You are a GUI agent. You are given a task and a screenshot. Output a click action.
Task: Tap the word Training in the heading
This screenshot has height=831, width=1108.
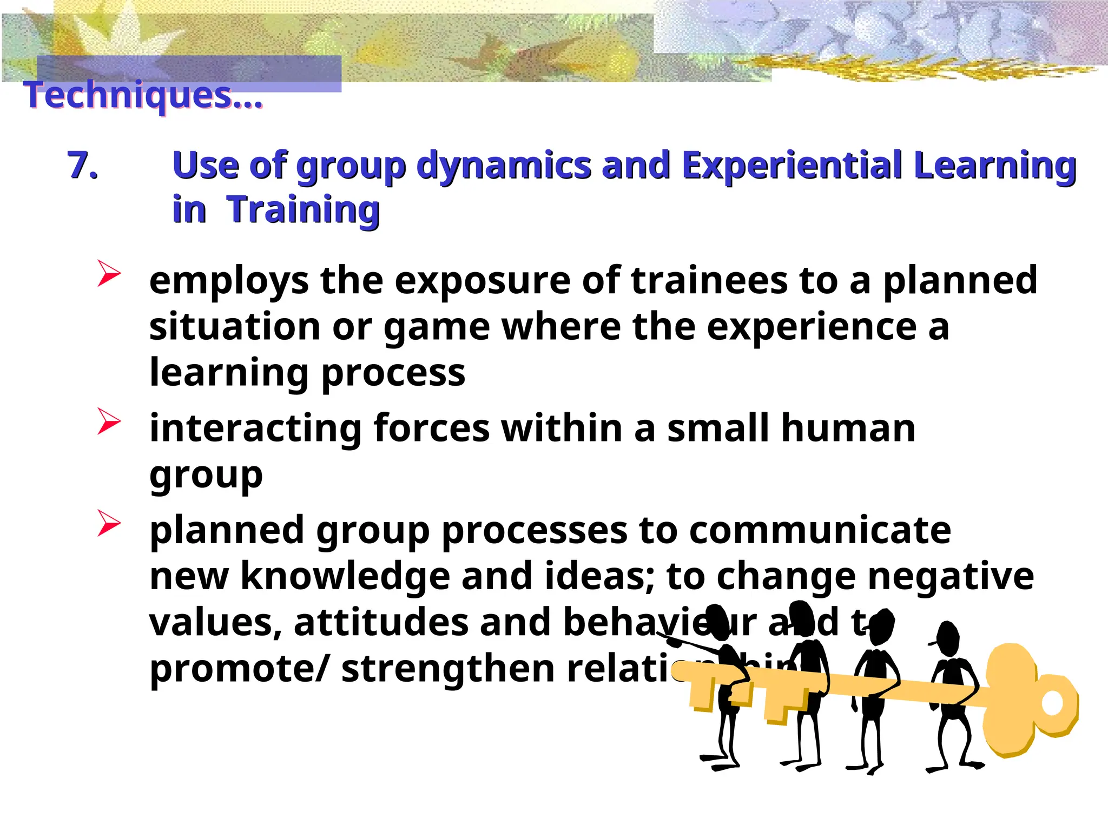pos(303,209)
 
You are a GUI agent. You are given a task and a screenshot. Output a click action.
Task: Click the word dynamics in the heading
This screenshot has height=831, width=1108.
pos(503,166)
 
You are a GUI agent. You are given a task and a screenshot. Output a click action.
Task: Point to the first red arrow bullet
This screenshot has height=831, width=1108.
pos(108,273)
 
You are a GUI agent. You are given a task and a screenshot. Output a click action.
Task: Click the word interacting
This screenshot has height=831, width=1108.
pos(255,428)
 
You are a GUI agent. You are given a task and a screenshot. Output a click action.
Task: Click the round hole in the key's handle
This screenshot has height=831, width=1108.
pos(1052,703)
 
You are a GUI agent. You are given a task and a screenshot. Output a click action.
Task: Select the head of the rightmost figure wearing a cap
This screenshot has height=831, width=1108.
pos(947,638)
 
